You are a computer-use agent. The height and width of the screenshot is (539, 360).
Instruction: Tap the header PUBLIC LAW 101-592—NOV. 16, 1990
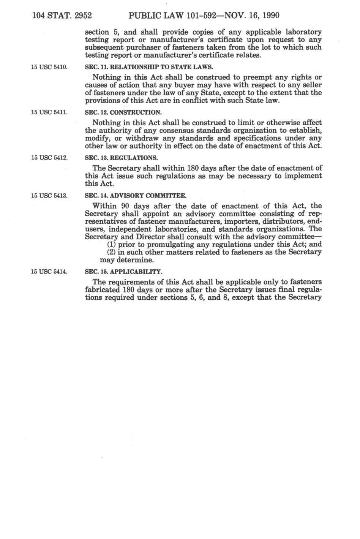[x=204, y=16]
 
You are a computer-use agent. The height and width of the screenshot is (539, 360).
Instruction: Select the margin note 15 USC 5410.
[x=49, y=67]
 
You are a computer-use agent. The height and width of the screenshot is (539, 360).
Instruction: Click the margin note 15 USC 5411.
[x=49, y=112]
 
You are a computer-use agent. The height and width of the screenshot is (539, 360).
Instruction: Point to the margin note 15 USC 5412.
[x=49, y=158]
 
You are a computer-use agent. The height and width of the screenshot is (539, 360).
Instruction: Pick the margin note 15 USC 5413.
[x=49, y=196]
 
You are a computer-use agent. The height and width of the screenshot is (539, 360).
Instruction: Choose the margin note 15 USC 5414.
[x=49, y=272]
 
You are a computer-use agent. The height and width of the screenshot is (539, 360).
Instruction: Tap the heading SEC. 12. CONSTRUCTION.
[x=124, y=112]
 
